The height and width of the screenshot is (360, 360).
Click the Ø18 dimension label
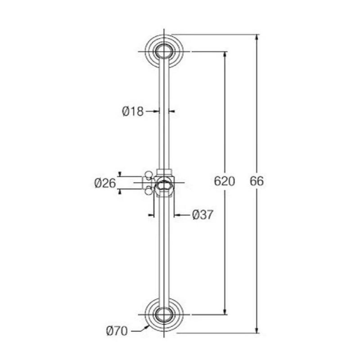[x=133, y=111]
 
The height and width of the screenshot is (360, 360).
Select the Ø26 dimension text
[x=105, y=183]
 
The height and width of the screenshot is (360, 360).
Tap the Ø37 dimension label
[x=202, y=215]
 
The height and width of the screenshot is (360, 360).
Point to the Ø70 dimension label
[x=117, y=332]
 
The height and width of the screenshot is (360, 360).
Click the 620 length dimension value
[x=225, y=181]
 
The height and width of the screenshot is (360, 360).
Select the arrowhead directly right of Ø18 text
[x=157, y=111]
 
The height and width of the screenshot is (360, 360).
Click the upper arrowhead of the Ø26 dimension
[x=120, y=174]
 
